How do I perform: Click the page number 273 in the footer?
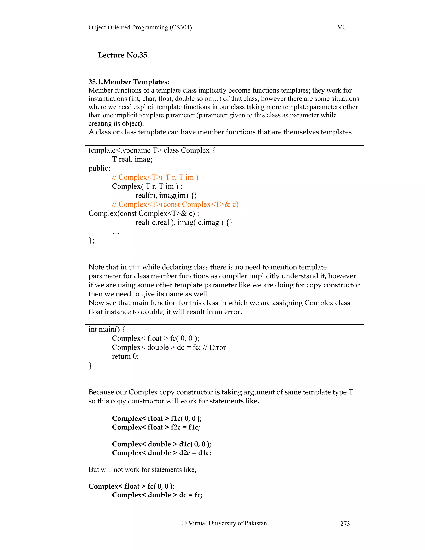click(345, 524)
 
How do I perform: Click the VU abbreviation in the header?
click(342, 27)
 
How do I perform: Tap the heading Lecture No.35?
click(122, 55)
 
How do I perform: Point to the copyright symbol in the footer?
click(184, 523)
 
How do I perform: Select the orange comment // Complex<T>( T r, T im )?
click(155, 177)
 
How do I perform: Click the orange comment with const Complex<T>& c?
click(175, 204)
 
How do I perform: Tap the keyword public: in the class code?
click(99, 168)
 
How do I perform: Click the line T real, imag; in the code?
click(132, 159)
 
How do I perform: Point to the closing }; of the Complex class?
click(91, 241)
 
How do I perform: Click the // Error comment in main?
click(214, 347)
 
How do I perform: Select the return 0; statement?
click(125, 356)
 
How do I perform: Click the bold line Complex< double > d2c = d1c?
click(161, 453)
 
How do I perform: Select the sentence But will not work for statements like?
click(142, 469)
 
